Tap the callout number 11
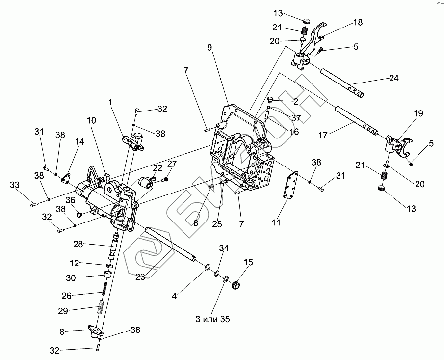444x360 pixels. [x=277, y=223]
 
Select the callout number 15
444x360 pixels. [x=249, y=263]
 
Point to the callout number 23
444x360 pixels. [x=140, y=277]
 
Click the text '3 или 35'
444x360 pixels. [x=211, y=319]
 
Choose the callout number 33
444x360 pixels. [x=16, y=185]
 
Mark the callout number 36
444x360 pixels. [x=71, y=200]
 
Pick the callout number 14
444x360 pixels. [x=79, y=141]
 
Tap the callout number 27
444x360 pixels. [x=172, y=164]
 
